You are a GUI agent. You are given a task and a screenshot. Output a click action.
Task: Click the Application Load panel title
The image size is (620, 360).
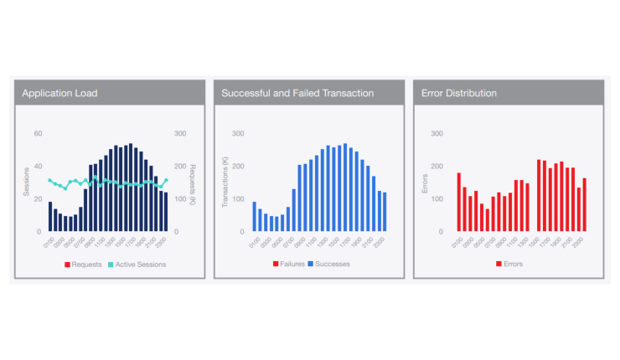59,93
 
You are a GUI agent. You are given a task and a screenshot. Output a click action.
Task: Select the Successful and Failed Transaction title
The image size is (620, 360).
297,93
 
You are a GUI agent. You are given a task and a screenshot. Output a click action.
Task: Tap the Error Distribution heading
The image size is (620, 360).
458,93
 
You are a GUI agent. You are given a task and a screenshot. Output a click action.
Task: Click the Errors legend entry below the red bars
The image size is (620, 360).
511,264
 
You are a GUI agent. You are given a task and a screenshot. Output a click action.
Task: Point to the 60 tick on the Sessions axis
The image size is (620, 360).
38,133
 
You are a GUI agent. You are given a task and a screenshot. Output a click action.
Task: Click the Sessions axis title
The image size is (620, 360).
26,182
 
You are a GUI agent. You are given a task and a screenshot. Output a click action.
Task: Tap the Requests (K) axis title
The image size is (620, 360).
193,182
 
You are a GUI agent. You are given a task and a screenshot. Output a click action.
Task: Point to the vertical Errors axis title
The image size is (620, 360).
424,182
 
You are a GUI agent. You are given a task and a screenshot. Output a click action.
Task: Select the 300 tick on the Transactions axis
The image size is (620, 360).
238,133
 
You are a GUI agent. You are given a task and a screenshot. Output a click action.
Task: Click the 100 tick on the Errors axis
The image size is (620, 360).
437,198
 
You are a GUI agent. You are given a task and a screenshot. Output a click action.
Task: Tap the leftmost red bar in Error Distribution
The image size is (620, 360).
459,202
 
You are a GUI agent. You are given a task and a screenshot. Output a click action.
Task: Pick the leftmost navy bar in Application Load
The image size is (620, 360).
50,216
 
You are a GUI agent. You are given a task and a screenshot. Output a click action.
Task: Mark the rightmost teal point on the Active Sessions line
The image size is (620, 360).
166,180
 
